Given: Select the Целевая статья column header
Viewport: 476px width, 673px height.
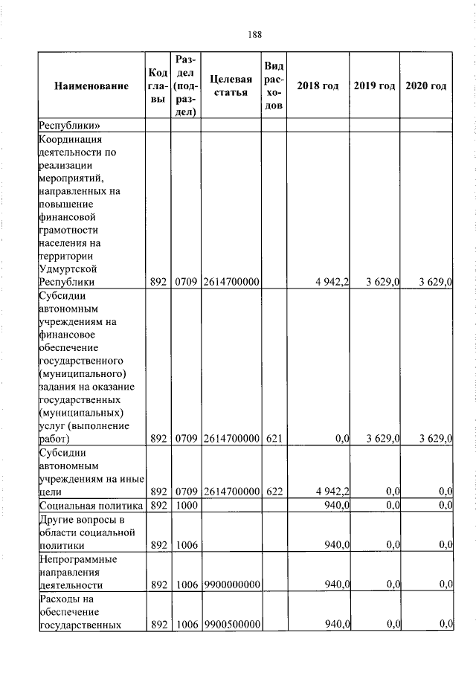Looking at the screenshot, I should coord(230,86).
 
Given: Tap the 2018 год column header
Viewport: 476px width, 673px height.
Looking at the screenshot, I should coord(318,86).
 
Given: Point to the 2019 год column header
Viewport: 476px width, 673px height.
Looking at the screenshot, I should coord(374,86).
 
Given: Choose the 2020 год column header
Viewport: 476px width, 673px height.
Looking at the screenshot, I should coord(426,86).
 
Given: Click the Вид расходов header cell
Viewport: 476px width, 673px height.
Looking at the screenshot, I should coord(273,86).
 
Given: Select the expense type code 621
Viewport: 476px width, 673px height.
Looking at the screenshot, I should coord(273,439).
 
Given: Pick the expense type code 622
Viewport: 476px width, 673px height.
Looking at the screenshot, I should coord(273,492).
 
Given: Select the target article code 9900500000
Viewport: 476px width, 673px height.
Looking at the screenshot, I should coord(231,625).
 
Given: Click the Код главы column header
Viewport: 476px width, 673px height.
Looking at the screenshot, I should coord(157,86).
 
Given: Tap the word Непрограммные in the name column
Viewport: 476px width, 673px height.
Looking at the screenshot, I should coord(73,558).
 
